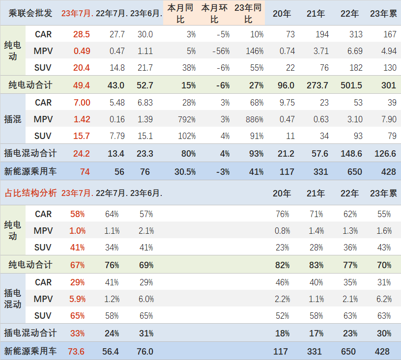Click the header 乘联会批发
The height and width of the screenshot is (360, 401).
pos(30,13)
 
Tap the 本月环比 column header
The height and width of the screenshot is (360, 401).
pos(214,13)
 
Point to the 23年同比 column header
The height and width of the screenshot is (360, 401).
pos(248,13)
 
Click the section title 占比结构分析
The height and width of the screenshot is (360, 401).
pos(30,193)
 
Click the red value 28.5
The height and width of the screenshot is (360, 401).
pos(82,34)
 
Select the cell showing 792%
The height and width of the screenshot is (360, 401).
pos(186,119)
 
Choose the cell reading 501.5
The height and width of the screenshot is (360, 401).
pos(351,85)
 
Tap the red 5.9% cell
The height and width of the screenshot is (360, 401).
pos(78,299)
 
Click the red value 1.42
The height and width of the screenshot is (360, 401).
pos(82,119)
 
